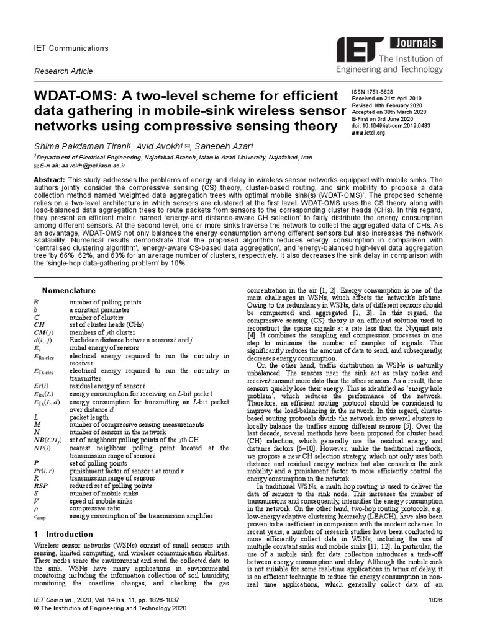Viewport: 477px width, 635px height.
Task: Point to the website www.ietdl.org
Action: pos(368,133)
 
